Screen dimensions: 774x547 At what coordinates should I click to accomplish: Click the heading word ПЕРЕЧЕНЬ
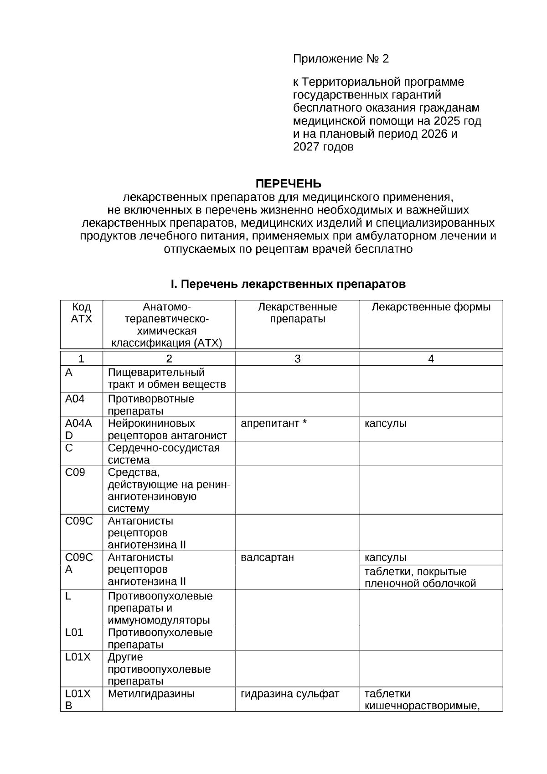point(288,184)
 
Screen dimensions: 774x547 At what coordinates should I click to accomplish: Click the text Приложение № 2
point(341,59)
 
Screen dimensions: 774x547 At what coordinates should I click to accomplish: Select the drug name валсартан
point(267,557)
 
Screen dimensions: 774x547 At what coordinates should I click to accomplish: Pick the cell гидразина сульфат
point(290,694)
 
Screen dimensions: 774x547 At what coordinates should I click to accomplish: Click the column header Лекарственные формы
point(431,307)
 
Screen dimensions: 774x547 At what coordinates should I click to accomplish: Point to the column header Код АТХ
point(82,313)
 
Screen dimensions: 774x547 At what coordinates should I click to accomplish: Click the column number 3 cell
point(297,359)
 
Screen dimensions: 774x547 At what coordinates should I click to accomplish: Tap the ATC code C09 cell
point(75,472)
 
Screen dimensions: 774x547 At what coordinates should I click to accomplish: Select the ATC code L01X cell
point(78,657)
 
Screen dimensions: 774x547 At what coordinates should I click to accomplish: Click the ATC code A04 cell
point(75,399)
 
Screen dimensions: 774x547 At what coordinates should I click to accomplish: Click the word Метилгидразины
point(151,694)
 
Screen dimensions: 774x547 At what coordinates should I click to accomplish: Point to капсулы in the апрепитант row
point(386,423)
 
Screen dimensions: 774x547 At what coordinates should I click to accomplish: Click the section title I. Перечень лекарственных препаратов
point(288,284)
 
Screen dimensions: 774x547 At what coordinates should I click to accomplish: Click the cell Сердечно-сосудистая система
point(164,453)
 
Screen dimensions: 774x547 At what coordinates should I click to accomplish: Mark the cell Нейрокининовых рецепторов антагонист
point(167,429)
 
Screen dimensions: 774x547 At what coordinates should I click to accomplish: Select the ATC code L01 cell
point(74,633)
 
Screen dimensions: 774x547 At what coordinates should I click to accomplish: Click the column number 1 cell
point(81,359)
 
